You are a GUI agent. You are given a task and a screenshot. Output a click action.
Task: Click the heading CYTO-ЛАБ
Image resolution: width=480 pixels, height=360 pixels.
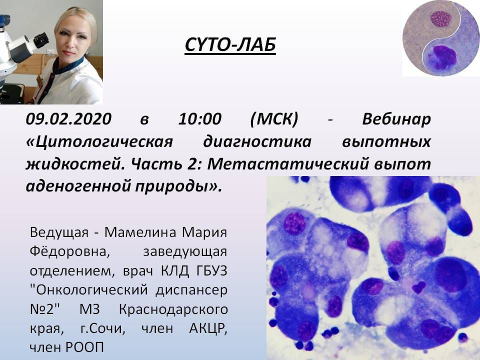230,44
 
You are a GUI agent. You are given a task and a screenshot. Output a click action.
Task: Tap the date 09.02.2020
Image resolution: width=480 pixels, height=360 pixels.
69,119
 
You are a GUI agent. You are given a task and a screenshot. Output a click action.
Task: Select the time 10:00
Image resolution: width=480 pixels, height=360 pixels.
200,119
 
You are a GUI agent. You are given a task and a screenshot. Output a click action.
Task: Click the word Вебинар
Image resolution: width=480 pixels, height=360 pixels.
396,119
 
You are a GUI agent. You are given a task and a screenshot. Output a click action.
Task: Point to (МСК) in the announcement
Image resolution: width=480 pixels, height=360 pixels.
274,119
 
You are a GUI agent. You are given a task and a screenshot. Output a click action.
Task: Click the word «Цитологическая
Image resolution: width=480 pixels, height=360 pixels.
99,142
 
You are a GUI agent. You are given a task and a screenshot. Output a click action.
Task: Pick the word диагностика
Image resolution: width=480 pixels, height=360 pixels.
257,142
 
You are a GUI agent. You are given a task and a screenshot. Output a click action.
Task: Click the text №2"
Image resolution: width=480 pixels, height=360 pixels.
41,309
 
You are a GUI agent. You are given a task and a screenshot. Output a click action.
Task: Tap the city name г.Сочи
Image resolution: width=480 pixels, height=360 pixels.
103,329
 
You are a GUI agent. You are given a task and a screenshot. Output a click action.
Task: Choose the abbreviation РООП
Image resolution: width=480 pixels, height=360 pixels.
85,347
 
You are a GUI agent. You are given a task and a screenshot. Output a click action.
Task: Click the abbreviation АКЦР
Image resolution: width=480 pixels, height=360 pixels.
208,329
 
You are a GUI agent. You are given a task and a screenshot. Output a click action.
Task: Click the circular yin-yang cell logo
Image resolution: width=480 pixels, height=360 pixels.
441,38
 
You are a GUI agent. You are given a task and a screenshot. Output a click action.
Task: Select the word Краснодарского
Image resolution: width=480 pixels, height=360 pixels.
173,309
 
